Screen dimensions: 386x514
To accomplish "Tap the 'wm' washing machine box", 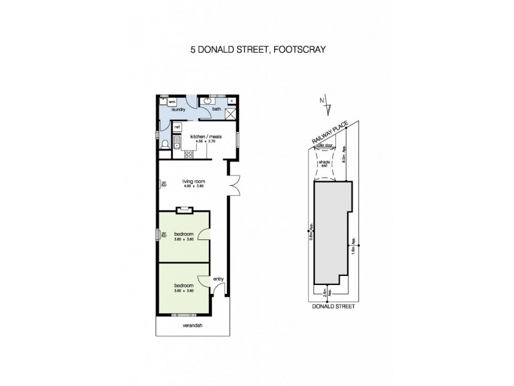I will [x=172, y=102].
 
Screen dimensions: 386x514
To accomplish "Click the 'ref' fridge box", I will [x=177, y=127].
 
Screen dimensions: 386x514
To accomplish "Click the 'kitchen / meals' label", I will [x=206, y=136].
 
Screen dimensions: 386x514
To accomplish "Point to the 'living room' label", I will [x=192, y=181].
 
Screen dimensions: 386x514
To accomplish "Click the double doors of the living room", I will [x=235, y=185].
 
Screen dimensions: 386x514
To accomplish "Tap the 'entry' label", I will [x=218, y=279].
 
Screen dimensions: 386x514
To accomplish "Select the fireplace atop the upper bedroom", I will [x=184, y=208].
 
